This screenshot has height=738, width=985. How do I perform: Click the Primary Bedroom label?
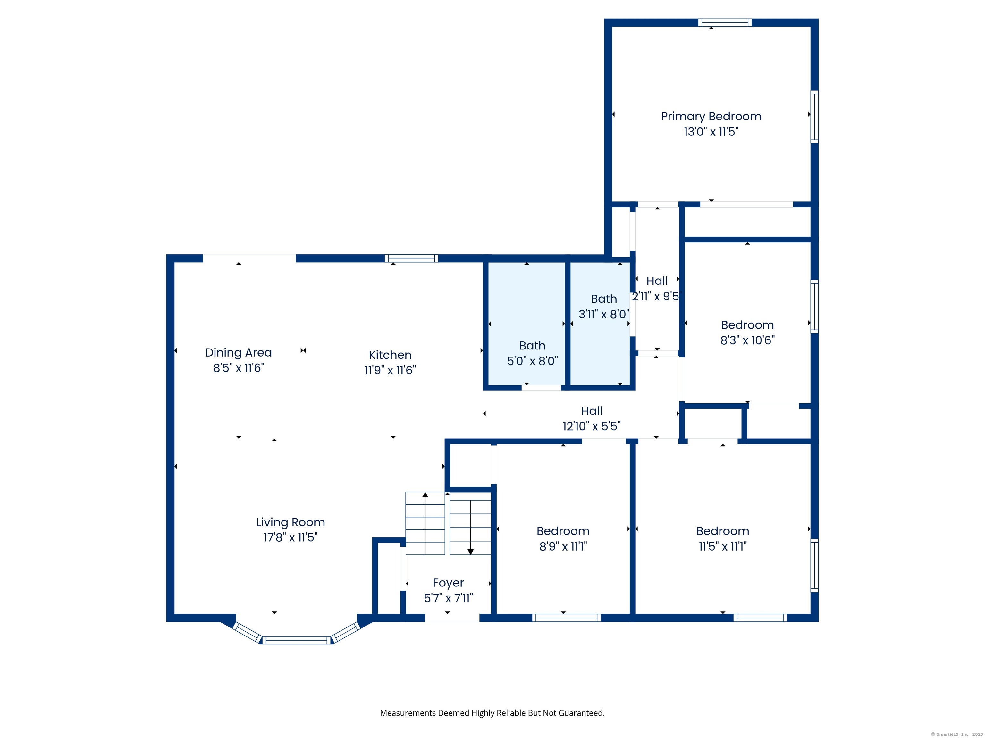tap(711, 117)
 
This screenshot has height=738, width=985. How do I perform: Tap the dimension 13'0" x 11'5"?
tap(711, 132)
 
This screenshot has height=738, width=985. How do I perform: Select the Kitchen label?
tap(390, 355)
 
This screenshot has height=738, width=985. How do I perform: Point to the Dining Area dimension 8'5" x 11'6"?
tap(239, 368)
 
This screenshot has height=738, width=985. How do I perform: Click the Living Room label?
tap(290, 522)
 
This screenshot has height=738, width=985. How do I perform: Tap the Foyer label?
tap(448, 583)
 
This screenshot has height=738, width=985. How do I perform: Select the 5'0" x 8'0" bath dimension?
tap(532, 361)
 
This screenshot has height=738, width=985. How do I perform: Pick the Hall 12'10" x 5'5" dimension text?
tap(591, 426)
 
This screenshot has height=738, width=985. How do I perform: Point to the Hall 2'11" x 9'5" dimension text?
tap(656, 296)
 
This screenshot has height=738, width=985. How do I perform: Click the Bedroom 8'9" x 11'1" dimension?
tap(563, 546)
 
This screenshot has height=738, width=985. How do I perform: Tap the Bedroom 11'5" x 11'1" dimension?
tap(722, 546)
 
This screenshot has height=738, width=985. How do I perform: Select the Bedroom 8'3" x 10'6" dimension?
tap(747, 340)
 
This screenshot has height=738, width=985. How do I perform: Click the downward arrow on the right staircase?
tap(470, 552)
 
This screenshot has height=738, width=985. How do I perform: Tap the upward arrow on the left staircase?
tap(425, 495)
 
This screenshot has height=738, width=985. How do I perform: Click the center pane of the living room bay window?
tap(297, 640)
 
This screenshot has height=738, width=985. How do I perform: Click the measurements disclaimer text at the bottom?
tap(492, 713)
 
